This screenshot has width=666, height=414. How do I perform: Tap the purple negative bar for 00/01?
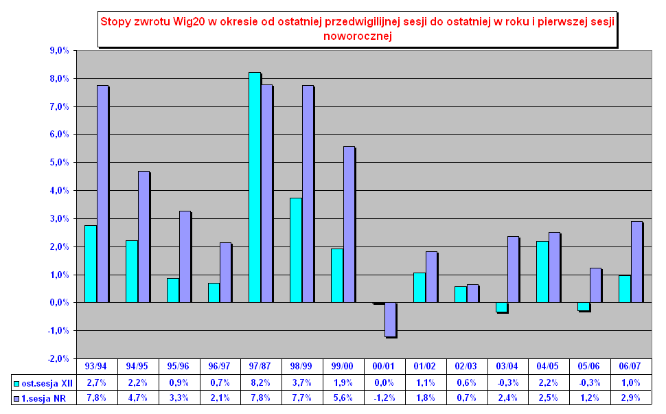[x=391, y=319]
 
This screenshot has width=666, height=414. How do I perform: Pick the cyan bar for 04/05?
[x=542, y=272]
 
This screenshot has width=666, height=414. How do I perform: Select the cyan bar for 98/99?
[x=296, y=251]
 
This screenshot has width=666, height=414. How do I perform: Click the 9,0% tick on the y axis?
[x=60, y=51]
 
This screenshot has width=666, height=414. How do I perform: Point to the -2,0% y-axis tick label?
[x=59, y=359]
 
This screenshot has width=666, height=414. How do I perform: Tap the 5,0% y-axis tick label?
[x=60, y=163]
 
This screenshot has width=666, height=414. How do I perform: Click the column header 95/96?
[x=179, y=367]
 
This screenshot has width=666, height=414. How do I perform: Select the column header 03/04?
[x=508, y=367]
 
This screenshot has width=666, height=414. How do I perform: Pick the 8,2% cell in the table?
[x=261, y=382]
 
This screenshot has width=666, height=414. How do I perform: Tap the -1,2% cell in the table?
[x=384, y=398]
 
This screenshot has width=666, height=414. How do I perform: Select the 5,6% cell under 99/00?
[x=343, y=398]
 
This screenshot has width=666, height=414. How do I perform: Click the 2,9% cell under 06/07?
[x=632, y=398]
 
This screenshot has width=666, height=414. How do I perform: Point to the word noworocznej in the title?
[x=357, y=36]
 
